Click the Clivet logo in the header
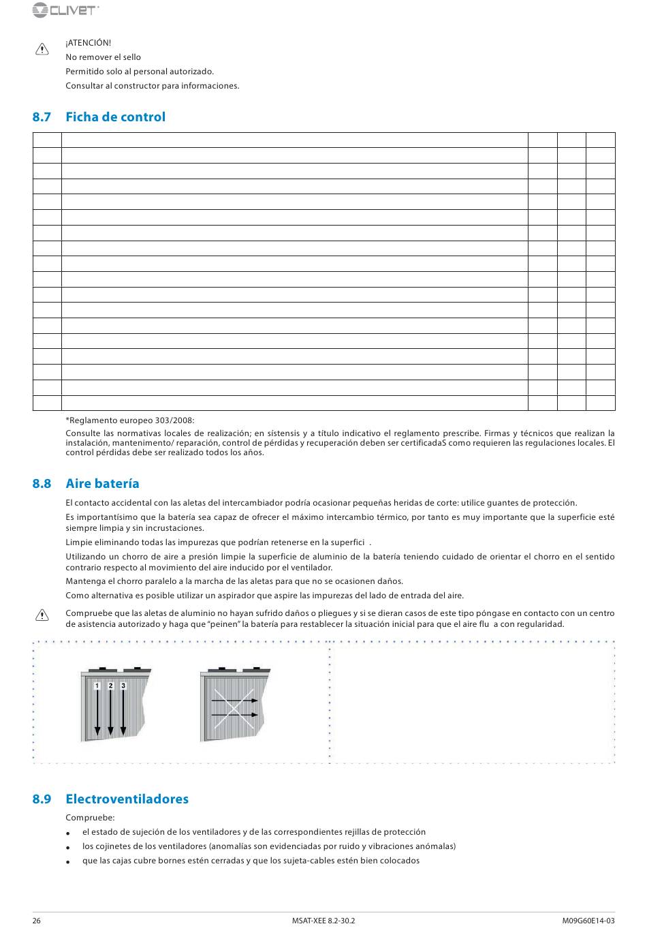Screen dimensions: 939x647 65,10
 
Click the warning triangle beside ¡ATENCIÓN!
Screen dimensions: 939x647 42,49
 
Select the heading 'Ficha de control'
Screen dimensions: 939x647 115,117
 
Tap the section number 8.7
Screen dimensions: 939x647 42,117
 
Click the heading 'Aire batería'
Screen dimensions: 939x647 102,483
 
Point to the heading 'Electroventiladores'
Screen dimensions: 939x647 127,799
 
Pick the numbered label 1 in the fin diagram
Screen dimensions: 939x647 97,686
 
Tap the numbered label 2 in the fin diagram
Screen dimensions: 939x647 110,686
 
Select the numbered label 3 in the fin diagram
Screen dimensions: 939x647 123,686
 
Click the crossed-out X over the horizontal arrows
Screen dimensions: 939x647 234,707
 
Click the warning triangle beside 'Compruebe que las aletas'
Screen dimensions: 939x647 42,615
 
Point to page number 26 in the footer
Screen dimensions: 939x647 37,921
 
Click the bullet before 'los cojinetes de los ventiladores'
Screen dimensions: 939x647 69,848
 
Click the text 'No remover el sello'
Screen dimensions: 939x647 104,57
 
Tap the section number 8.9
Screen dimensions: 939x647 42,799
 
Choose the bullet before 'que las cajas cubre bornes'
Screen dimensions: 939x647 69,862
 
